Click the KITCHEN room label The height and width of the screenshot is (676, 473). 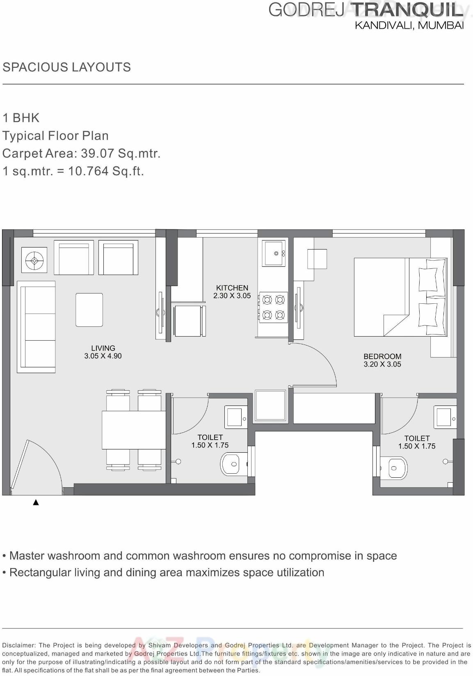[232, 288]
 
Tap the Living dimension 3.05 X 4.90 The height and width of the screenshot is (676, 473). [103, 356]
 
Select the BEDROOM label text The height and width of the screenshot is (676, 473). [382, 356]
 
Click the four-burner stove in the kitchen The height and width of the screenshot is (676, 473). [273, 307]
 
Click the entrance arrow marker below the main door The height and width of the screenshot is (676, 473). [36, 502]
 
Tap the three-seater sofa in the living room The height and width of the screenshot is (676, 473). [36, 327]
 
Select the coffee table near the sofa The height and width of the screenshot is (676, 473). [89, 309]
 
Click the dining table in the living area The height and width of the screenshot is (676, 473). [134, 430]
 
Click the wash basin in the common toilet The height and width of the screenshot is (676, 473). [235, 417]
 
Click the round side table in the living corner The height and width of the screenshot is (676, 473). [34, 260]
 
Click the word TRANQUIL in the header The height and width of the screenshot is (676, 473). [408, 10]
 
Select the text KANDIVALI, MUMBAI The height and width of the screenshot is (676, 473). [409, 25]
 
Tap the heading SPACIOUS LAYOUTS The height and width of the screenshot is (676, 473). [66, 67]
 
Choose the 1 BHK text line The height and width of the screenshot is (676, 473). [21, 118]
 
